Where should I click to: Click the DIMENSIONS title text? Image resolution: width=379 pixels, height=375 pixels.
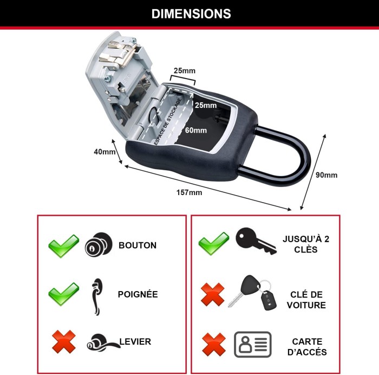coord(191,14)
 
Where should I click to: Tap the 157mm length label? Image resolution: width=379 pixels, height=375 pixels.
coord(189,192)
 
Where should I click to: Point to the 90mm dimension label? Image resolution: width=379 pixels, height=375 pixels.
coord(326,175)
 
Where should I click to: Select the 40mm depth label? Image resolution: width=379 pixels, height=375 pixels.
coord(104,152)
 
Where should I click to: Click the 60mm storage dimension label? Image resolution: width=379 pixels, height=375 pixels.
coord(196,130)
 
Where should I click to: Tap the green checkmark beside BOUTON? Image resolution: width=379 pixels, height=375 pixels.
coord(63,245)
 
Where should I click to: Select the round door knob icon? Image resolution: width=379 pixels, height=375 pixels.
coord(99,244)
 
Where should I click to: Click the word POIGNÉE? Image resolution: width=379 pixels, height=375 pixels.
coord(138,294)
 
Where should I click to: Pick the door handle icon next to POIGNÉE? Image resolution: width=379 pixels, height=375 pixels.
coord(97,297)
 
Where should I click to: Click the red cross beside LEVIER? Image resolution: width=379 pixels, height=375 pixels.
coord(64,341)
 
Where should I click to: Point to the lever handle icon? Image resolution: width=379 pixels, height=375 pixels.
coord(103,341)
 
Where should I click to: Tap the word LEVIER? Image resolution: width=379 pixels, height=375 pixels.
coord(135,341)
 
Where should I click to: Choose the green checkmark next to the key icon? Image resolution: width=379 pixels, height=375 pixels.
coord(214,243)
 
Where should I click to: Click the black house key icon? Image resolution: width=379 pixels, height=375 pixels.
coord(256,241)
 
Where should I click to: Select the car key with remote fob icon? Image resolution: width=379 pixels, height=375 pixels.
coord(252,293)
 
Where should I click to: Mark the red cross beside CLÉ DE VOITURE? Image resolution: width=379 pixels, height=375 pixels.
coord(213,294)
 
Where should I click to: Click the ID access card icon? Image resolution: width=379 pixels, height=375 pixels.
coord(253,345)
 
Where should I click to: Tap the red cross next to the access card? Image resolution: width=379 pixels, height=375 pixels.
coord(214,344)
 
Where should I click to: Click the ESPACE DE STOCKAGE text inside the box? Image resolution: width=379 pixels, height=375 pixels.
coord(168,122)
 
